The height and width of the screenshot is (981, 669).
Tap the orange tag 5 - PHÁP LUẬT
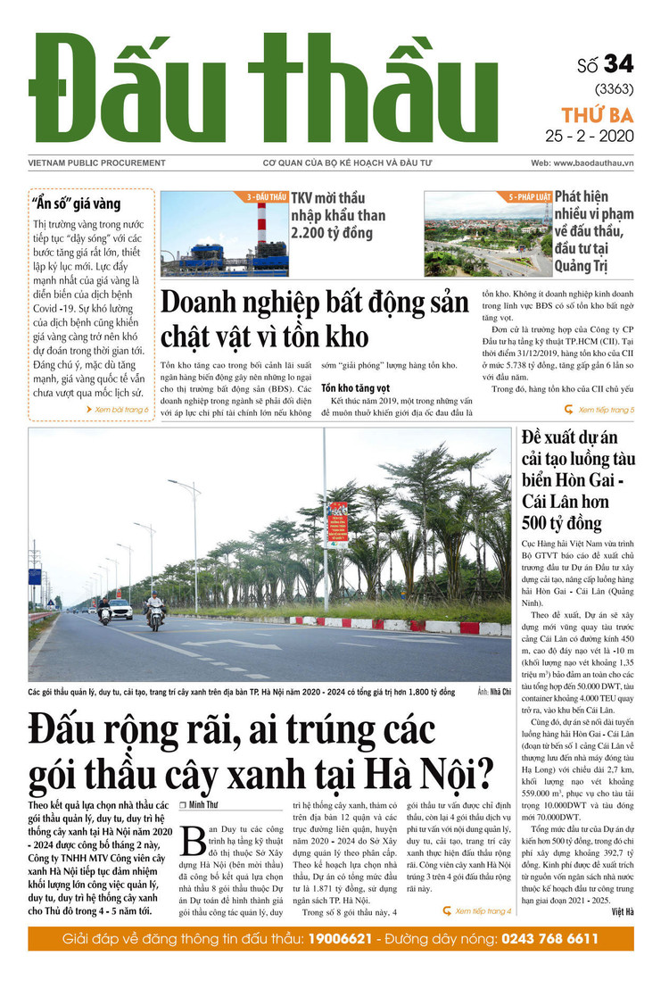pos(526,196)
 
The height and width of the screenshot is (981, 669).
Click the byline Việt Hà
pos(623,911)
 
